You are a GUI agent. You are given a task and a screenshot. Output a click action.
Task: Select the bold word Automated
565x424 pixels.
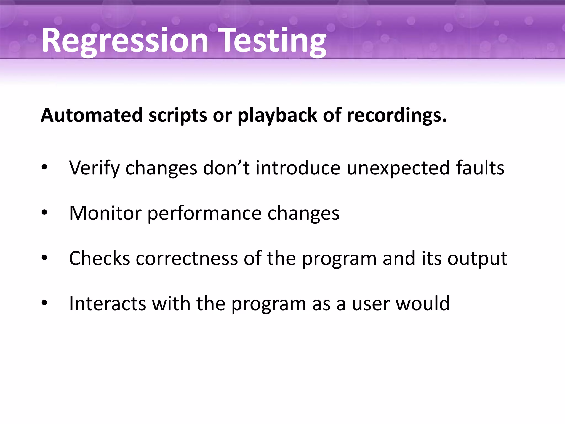point(92,115)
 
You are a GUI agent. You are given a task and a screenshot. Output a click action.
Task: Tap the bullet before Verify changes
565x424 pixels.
point(44,168)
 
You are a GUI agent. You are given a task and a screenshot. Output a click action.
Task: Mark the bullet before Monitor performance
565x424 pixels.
point(44,213)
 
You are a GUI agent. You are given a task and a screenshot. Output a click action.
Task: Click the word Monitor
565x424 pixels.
point(105,213)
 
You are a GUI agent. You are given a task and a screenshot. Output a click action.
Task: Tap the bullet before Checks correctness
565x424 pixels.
point(44,258)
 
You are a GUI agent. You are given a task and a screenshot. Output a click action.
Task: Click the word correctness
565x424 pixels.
point(186,258)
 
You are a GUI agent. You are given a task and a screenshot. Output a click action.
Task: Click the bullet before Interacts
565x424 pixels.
point(44,303)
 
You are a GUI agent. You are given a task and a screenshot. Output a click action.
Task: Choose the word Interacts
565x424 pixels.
point(107,303)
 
